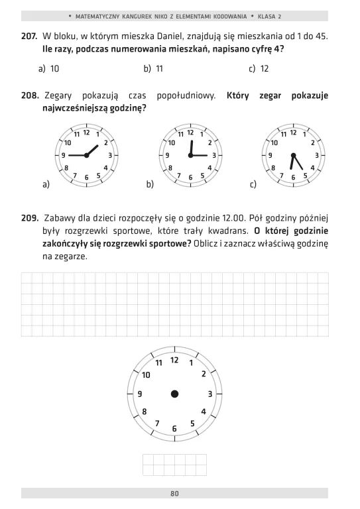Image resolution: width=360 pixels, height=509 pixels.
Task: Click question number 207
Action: pos(29,35)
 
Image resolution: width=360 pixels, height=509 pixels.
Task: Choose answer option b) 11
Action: pos(154,68)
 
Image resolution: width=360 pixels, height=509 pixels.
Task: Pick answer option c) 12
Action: pos(259,68)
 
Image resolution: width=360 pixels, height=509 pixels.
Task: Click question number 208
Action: pos(30,96)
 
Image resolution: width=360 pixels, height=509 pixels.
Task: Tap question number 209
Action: pos(29,217)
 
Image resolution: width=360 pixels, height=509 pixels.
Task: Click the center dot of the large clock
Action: pos(175,394)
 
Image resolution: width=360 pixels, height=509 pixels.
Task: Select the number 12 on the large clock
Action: pos(174,359)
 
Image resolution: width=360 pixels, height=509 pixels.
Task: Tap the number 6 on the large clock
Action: pos(174,429)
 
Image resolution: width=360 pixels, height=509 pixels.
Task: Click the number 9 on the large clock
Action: pos(140,394)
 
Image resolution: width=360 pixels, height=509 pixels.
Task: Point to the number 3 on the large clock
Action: pos(210,394)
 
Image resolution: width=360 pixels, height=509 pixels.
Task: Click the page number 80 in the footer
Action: pos(174,494)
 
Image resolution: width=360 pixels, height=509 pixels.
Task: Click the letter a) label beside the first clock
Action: pos(46,185)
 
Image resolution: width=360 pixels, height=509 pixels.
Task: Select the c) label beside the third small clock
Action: pos(253,185)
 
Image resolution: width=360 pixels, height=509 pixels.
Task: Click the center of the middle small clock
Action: pos(190,155)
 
